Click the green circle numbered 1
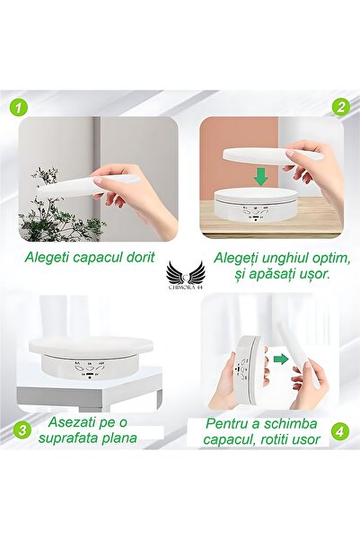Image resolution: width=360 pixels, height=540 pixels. coord(18,108)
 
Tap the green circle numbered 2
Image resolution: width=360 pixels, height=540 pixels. coord(341,107)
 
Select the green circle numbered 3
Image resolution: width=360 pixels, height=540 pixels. coord(22,430)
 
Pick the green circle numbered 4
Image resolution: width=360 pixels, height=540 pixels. coord(339,431)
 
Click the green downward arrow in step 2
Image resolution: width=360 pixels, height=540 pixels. coord(261,178)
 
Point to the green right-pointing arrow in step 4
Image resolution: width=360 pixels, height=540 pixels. coord(281,359)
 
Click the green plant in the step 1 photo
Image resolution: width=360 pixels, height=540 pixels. coord(57,206)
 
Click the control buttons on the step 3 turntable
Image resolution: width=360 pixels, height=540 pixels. coord(89,369)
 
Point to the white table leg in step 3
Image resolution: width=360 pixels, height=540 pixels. coord(159,400)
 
